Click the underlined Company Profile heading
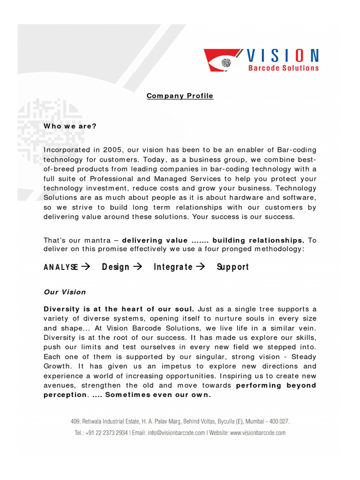pyautogui.click(x=180, y=96)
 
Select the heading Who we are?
pyautogui.click(x=70, y=126)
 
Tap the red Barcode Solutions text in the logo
pyautogui.click(x=283, y=68)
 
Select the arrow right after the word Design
pyautogui.click(x=137, y=267)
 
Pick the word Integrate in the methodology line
pyautogui.click(x=173, y=267)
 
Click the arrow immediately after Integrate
pyautogui.click(x=201, y=267)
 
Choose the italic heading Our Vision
pyautogui.click(x=65, y=292)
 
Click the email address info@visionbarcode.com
pyautogui.click(x=177, y=433)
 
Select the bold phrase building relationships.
pyautogui.click(x=259, y=240)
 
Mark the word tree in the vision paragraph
pyautogui.click(x=272, y=309)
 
